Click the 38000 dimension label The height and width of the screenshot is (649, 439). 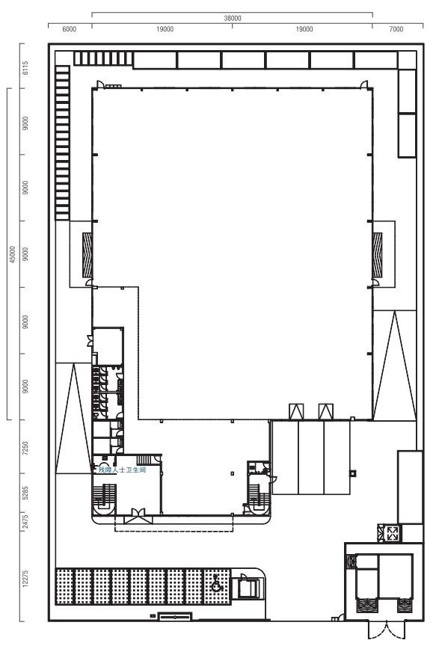(233, 18)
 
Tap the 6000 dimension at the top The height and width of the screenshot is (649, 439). (69, 29)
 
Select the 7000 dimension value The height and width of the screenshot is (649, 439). (396, 29)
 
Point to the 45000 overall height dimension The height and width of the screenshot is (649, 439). (13, 254)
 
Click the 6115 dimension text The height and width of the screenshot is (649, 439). (25, 68)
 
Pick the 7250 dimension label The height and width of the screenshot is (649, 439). (25, 449)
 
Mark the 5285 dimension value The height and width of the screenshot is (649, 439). (25, 493)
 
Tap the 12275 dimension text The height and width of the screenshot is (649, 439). (25, 578)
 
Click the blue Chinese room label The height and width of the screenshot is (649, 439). (122, 470)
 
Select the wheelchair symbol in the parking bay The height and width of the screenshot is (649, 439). (216, 584)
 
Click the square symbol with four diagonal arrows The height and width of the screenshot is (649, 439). (392, 532)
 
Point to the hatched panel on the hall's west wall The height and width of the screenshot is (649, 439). (87, 254)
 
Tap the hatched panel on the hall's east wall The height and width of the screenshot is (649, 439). (377, 254)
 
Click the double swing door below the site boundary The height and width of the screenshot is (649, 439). (386, 630)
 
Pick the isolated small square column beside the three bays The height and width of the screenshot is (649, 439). (353, 473)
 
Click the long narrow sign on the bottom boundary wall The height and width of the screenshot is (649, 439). (175, 617)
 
